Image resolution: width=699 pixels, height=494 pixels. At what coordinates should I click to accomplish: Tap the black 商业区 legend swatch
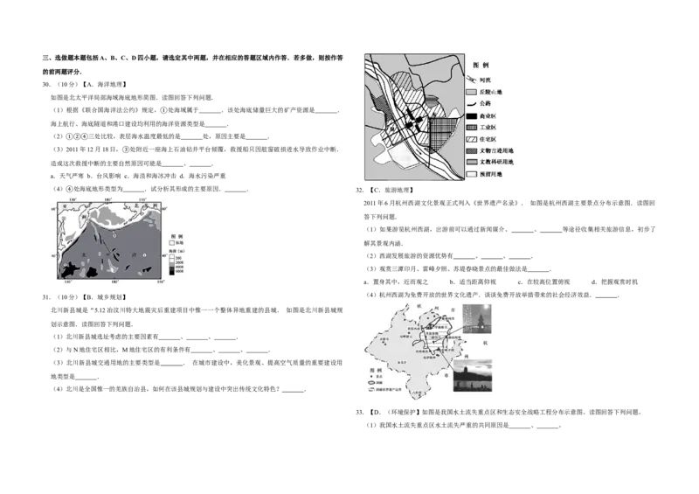(471, 115)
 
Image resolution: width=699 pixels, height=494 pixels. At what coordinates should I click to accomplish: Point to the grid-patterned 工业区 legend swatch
(471, 128)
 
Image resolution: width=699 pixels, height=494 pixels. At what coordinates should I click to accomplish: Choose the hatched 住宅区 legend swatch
(471, 140)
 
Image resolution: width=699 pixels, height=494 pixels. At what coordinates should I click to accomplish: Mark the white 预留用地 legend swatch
(471, 175)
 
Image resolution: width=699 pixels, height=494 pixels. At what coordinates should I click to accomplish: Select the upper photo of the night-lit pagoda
(478, 319)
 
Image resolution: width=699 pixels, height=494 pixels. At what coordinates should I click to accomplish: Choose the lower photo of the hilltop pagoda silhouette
(474, 375)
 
